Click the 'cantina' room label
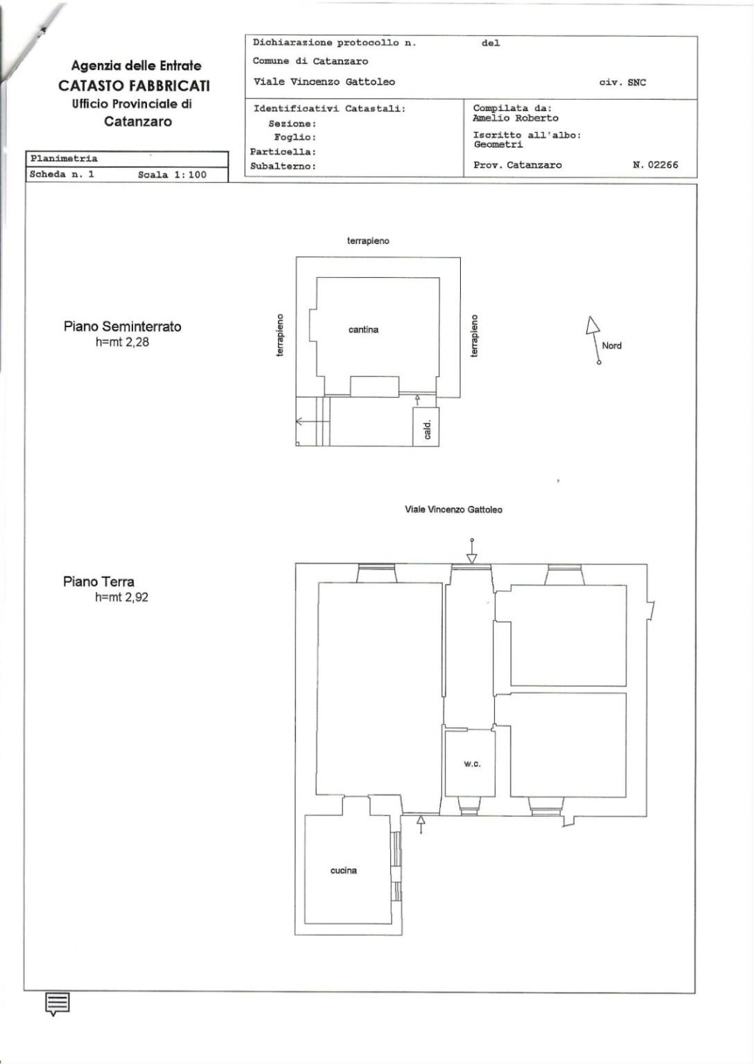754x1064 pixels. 363,330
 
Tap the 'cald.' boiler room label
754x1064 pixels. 427,430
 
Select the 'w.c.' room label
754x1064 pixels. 472,764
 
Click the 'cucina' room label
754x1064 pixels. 344,871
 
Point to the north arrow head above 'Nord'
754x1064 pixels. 592,325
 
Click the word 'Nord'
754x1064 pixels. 611,346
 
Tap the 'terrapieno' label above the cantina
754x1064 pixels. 368,241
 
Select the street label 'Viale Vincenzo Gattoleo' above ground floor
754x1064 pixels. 453,509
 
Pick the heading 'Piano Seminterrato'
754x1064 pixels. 123,326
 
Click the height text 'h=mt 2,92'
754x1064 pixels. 122,597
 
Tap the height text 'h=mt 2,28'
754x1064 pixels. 122,342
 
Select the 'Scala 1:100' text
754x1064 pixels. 172,175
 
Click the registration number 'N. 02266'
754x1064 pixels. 655,165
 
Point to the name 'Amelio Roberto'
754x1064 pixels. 515,118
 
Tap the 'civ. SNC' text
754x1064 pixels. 622,82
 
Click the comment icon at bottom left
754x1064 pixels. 58,1003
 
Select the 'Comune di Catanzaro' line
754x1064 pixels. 310,61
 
